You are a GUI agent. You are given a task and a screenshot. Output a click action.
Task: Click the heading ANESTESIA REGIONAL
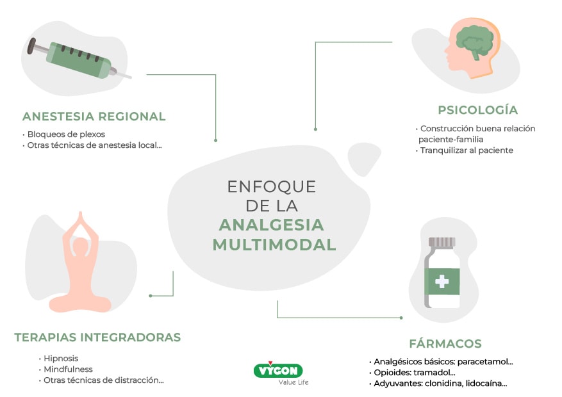pyautogui.click(x=94, y=117)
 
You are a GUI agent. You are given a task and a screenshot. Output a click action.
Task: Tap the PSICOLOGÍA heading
pyautogui.click(x=477, y=109)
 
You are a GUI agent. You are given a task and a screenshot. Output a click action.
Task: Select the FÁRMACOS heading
pyautogui.click(x=445, y=343)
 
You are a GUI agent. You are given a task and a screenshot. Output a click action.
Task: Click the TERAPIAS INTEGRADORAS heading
pyautogui.click(x=97, y=337)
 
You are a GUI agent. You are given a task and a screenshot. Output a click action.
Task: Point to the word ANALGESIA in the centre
pyautogui.click(x=271, y=225)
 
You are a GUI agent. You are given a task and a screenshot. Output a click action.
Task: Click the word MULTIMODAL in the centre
pyautogui.click(x=274, y=245)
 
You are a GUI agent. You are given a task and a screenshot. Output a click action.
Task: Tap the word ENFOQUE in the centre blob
pyautogui.click(x=272, y=186)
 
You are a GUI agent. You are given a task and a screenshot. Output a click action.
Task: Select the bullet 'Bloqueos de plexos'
pyautogui.click(x=66, y=134)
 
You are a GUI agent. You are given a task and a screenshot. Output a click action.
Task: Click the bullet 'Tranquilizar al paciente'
pyautogui.click(x=467, y=150)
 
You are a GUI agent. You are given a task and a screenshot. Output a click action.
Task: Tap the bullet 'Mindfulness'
pyautogui.click(x=68, y=369)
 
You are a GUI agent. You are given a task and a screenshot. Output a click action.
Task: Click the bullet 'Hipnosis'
pyautogui.click(x=61, y=359)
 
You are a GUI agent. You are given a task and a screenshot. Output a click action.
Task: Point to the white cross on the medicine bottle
pyautogui.click(x=442, y=281)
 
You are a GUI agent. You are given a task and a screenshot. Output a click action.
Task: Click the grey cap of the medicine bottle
pyautogui.click(x=442, y=242)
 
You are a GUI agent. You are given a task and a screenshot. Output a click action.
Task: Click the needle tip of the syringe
pyautogui.click(x=128, y=77)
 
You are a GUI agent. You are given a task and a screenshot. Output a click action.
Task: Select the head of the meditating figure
pyautogui.click(x=81, y=247)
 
